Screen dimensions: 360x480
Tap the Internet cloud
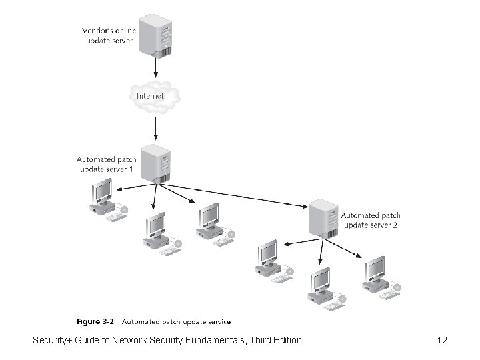point(154,96)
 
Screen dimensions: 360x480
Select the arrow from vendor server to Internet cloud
point(155,67)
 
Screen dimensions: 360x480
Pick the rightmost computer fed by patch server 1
point(210,221)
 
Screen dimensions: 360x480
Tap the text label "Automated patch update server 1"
point(107,164)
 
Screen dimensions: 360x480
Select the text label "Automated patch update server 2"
point(371,220)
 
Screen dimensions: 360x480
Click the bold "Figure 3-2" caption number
point(96,321)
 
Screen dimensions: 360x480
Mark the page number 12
point(442,341)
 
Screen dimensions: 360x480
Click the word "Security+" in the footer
point(53,341)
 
